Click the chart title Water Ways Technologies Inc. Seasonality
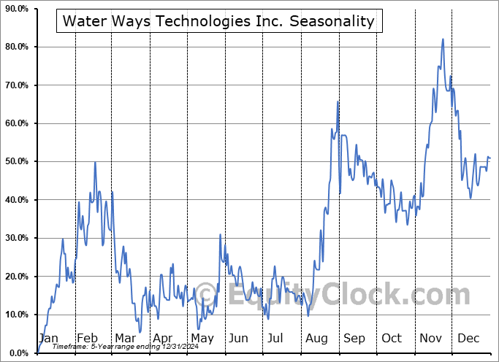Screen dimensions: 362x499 click(218, 21)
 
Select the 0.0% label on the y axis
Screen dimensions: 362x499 click(17, 353)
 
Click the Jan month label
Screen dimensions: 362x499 click(47, 338)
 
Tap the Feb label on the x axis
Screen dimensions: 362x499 click(87, 338)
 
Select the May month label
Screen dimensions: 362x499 click(202, 338)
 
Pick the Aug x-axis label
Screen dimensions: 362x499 click(317, 338)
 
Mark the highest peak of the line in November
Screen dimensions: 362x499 click(443, 39)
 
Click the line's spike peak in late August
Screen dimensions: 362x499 click(338, 101)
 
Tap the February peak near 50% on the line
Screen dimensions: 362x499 click(95, 162)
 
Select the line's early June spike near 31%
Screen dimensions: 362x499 click(221, 234)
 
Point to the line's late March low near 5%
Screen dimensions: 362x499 click(139, 332)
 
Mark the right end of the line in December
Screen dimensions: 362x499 click(490, 158)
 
